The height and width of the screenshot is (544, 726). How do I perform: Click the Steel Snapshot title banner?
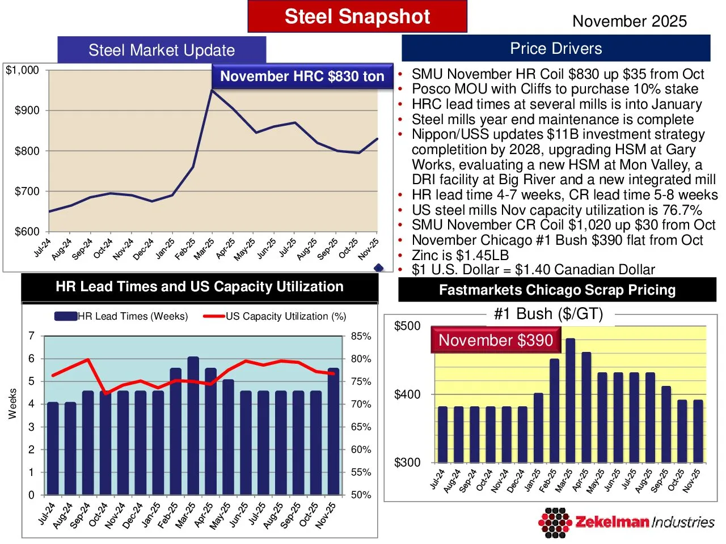[357, 16]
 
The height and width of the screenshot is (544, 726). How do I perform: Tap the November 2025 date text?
[629, 22]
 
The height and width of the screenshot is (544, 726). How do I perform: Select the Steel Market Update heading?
[162, 50]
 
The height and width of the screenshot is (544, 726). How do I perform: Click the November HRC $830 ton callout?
[302, 76]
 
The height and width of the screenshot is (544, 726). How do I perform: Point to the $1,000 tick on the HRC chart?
[23, 70]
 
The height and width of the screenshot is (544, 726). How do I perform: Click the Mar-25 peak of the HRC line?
[212, 90]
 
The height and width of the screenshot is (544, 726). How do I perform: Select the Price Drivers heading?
[556, 49]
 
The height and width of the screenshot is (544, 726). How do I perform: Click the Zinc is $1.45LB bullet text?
[460, 255]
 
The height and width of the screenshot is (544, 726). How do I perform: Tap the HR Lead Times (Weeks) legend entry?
[121, 316]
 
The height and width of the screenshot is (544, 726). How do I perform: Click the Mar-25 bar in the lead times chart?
[193, 425]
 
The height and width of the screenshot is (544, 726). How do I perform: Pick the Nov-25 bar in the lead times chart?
[334, 431]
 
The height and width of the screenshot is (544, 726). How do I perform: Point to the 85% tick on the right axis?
[361, 336]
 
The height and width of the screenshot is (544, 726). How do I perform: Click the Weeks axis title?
[12, 403]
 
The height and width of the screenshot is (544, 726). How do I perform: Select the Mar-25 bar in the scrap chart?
[571, 400]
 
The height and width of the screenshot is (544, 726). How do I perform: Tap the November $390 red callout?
[495, 340]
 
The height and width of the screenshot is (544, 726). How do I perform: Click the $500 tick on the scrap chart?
[407, 326]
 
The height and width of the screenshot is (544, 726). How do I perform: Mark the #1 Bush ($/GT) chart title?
[548, 314]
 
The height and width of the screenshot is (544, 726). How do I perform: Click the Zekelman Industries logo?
[626, 522]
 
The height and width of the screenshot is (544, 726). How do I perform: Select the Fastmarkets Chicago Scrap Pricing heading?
[557, 290]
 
